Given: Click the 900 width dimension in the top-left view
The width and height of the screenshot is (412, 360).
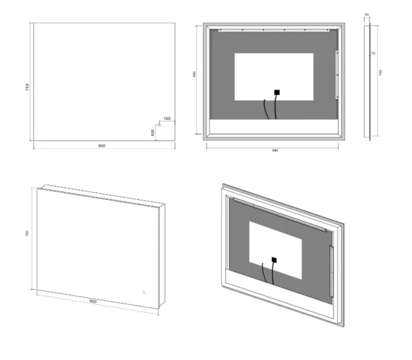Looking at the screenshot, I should point(102,146).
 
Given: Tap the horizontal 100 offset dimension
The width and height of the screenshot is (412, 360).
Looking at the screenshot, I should point(167,119).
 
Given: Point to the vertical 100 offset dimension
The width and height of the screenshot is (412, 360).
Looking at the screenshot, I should point(152,132).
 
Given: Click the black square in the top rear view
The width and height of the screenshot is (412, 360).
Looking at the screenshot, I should point(277,93).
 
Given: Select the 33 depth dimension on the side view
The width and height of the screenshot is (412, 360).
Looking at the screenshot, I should point(366,15).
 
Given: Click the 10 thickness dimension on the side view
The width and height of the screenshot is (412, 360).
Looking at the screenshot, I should point(373,53).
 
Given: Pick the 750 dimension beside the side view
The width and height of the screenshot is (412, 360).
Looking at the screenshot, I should point(381,73).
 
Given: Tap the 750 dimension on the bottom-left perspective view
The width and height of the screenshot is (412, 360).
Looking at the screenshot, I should point(28,234).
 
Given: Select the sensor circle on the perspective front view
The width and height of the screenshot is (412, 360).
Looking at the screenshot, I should point(143,292).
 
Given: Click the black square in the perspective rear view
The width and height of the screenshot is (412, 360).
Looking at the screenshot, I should point(274,259).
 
